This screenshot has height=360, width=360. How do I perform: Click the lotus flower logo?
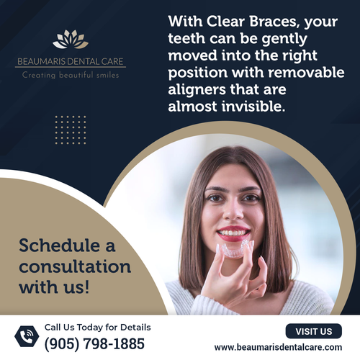coord(71,39)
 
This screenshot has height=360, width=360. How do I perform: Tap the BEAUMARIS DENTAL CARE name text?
coord(71,61)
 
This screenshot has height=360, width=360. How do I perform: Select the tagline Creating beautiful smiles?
coord(71,75)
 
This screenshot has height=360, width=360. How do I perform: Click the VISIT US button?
coord(314,331)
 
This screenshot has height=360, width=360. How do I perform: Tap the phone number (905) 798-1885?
coord(94,344)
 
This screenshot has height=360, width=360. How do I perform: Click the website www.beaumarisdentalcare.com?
coord(278,347)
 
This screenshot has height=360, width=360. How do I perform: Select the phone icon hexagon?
coord(27,336)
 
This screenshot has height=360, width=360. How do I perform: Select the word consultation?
coord(75,267)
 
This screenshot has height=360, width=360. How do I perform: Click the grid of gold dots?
coord(70,129)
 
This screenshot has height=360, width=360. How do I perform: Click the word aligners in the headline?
coord(199,91)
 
